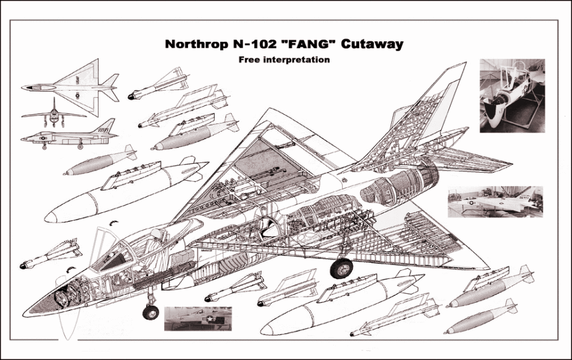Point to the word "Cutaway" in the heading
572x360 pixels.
pyautogui.click(x=371, y=44)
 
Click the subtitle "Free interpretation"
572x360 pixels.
pyautogui.click(x=284, y=60)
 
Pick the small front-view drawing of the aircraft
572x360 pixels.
pyautogui.click(x=54, y=112)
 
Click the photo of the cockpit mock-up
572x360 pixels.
pyautogui.click(x=512, y=95)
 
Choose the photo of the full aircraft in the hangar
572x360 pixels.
pyautogui.click(x=495, y=202)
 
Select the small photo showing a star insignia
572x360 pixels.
pyautogui.click(x=198, y=318)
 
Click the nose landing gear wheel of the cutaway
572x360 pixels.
pyautogui.click(x=151, y=312)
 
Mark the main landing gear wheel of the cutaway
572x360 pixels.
pyautogui.click(x=341, y=268)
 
